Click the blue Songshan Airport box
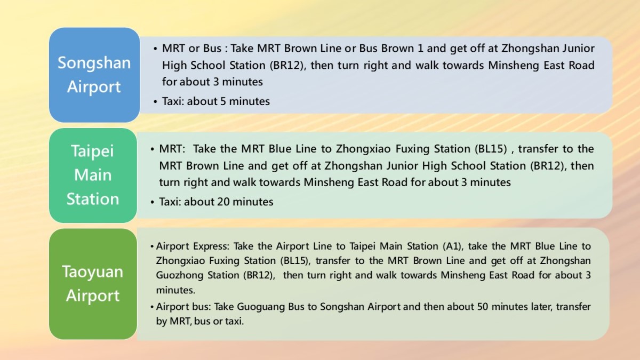click(x=94, y=75)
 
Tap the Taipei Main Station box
click(x=93, y=175)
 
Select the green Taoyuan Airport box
click(x=93, y=284)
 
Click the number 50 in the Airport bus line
click(x=483, y=307)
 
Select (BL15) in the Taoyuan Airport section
click(x=295, y=261)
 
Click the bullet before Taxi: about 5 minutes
click(x=155, y=102)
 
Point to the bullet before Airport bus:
click(x=152, y=307)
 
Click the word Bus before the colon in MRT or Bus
click(x=212, y=49)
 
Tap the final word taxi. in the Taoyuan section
click(x=234, y=322)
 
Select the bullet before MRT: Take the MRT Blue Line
click(x=153, y=149)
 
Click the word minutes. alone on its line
click(x=175, y=290)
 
